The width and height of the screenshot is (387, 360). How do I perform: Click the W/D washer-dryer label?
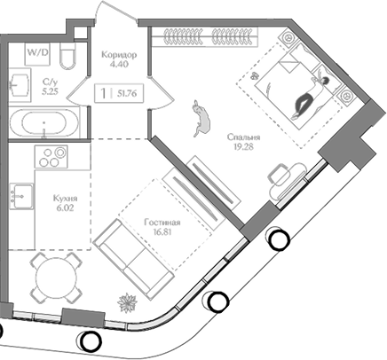38,52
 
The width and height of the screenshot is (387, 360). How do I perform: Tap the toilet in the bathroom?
68,56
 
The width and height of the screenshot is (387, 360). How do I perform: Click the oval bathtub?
44,122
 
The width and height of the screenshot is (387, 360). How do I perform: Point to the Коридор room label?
119,55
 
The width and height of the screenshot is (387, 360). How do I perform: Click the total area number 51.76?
127,94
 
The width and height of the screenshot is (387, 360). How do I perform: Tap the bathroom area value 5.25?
50,91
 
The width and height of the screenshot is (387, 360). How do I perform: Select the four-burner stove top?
51,157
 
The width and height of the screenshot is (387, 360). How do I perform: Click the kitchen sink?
21,196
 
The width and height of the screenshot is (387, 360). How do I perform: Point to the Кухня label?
66,198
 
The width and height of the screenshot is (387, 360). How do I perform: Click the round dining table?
56,278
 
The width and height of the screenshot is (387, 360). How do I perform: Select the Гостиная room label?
162,223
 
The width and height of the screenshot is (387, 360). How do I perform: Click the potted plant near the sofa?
128,302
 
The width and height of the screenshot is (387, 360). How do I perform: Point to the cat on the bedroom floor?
201,118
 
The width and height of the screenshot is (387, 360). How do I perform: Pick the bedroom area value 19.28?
243,146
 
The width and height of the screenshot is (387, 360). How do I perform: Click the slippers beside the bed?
255,75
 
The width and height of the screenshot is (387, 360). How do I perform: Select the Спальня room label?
244,137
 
